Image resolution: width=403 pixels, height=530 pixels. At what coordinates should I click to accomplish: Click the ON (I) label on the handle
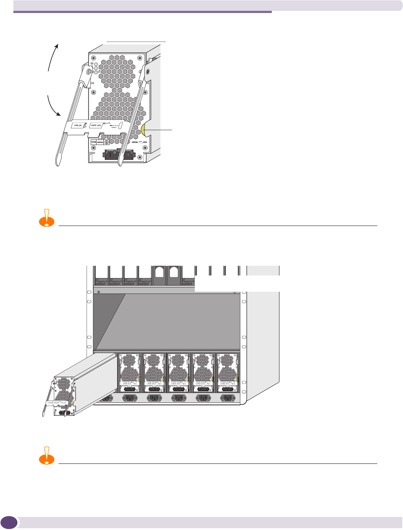coord(77,125)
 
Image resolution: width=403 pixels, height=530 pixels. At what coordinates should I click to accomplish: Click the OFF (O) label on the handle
coord(96,125)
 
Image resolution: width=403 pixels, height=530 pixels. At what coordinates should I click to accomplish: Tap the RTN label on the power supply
coord(93,142)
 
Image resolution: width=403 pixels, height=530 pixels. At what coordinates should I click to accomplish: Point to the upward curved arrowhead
coord(56,46)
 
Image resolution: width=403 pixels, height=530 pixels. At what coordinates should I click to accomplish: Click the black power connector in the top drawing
coord(119,154)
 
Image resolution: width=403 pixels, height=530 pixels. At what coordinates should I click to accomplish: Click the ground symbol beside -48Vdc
coord(107,143)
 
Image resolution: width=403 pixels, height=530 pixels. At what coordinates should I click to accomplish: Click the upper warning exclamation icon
coord(46,218)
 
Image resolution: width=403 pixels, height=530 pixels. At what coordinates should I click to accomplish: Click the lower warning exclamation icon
coord(46,456)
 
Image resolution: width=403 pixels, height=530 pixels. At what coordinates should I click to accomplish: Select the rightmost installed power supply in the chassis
coord(227,373)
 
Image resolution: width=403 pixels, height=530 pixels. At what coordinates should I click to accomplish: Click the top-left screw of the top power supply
coord(94,57)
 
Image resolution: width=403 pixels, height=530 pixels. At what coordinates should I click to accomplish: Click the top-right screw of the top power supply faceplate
coord(141,57)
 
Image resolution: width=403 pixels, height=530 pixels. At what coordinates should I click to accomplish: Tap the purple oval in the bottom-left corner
coord(9,522)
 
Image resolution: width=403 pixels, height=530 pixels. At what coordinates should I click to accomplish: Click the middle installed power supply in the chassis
coord(178,373)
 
